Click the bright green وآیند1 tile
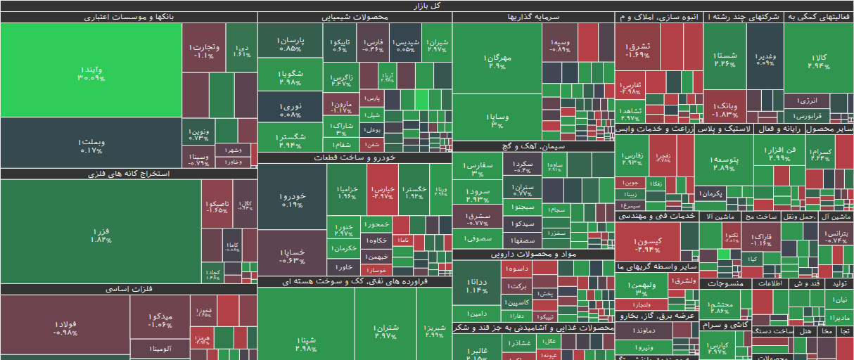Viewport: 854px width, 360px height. coord(91,70)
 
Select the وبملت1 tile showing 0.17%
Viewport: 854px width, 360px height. coord(91,143)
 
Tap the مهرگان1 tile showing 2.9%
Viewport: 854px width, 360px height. coord(497,59)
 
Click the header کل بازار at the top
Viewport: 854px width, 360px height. coord(427,6)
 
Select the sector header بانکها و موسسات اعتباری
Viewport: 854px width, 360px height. coord(129,17)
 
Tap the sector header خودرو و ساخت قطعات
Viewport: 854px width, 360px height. coord(355,157)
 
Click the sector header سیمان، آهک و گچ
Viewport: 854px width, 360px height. coord(533,146)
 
